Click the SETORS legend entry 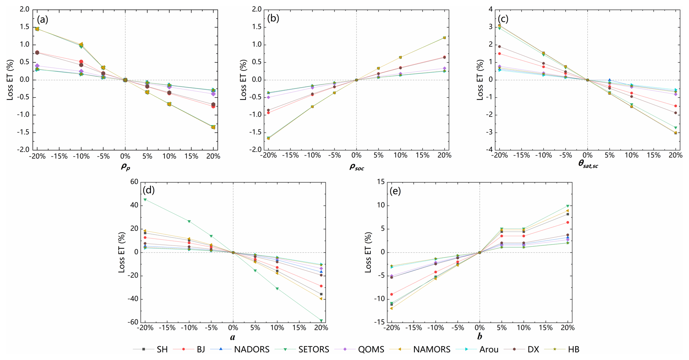[313, 349]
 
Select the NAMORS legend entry [432, 349]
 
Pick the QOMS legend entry [371, 349]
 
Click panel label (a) [44, 19]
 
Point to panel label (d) [148, 190]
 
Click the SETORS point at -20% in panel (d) [145, 200]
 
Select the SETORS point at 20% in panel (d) [321, 320]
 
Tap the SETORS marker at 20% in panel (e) [567, 206]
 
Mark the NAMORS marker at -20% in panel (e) [392, 308]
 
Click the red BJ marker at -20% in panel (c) [499, 54]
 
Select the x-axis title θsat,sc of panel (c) [588, 164]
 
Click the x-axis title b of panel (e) [480, 337]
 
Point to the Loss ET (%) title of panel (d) [122, 252]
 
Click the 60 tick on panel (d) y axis [134, 182]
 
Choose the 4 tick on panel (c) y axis [490, 9]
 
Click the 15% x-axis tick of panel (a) [191, 156]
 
